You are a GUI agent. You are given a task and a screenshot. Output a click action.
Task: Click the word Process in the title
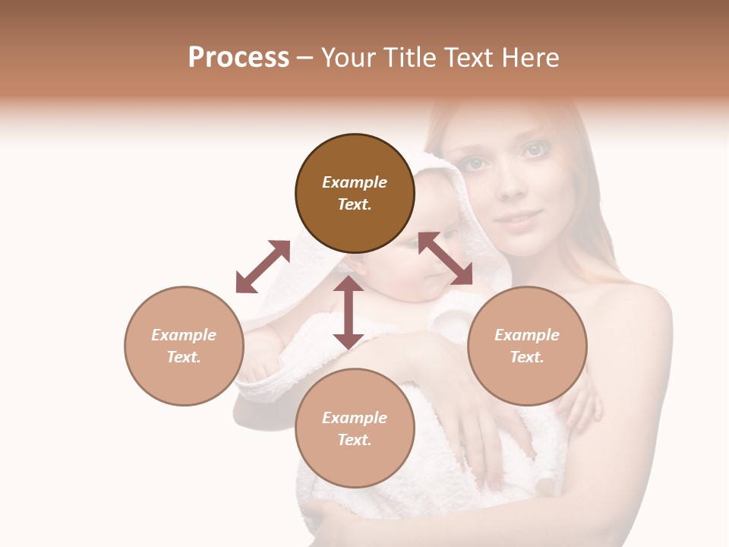tap(238, 58)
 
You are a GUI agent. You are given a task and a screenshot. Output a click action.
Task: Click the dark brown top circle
tap(355, 193)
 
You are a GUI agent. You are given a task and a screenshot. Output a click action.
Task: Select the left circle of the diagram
tap(184, 346)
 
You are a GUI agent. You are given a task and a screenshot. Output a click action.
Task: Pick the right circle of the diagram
tap(527, 346)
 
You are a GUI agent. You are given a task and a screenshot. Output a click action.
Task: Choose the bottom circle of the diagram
tap(355, 428)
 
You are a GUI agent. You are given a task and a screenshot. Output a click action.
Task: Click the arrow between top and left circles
tap(263, 267)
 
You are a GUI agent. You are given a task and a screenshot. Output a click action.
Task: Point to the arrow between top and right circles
tap(445, 258)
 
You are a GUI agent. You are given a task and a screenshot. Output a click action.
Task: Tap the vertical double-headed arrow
tap(349, 312)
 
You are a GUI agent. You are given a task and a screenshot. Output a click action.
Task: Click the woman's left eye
tap(534, 150)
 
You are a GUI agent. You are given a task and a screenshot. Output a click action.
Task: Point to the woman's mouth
tap(517, 219)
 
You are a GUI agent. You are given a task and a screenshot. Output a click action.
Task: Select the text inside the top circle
tap(355, 193)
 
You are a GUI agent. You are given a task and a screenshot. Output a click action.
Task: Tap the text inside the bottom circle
tap(355, 428)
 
